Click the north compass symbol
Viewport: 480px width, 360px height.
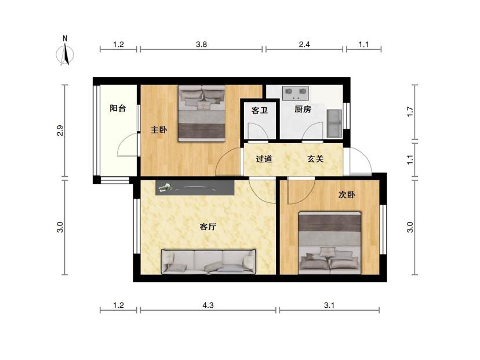pyautogui.click(x=65, y=52)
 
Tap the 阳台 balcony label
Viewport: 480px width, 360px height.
pyautogui.click(x=118, y=108)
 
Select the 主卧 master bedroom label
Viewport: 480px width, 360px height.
pyautogui.click(x=159, y=130)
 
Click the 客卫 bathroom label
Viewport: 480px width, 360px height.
pyautogui.click(x=260, y=110)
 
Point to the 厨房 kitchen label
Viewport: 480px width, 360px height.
pyautogui.click(x=303, y=109)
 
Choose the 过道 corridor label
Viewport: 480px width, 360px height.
pyautogui.click(x=264, y=159)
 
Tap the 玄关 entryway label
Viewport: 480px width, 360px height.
pyautogui.click(x=315, y=159)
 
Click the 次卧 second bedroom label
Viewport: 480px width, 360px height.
pyautogui.click(x=347, y=194)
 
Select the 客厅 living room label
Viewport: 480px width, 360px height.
pyautogui.click(x=208, y=227)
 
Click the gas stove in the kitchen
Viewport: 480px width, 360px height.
pyautogui.click(x=296, y=93)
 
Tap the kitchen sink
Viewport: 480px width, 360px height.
pyautogui.click(x=334, y=123)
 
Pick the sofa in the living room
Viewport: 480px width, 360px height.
pyautogui.click(x=209, y=261)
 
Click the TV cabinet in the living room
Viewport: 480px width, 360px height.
pyautogui.click(x=195, y=188)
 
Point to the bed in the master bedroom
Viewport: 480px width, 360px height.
pyautogui.click(x=202, y=113)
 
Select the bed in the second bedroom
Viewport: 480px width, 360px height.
pyautogui.click(x=330, y=242)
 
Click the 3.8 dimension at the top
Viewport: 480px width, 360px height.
pyautogui.click(x=201, y=45)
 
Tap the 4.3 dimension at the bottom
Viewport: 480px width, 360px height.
pyautogui.click(x=208, y=305)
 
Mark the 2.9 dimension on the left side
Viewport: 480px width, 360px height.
pyautogui.click(x=60, y=130)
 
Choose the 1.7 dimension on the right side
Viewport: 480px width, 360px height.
pyautogui.click(x=410, y=112)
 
